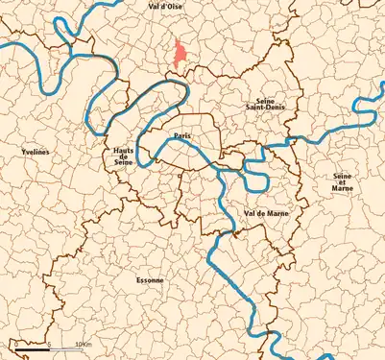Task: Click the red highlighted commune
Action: point(179,55)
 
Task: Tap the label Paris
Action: point(181,135)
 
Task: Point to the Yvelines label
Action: point(35,153)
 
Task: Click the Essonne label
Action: point(150,280)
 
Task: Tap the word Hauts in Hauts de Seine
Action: point(123,152)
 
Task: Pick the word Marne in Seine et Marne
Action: point(342,189)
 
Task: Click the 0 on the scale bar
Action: point(15,343)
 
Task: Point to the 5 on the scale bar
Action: point(47,343)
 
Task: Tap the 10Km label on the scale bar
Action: point(82,343)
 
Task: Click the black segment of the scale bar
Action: point(31,350)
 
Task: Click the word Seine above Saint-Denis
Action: point(265,100)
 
